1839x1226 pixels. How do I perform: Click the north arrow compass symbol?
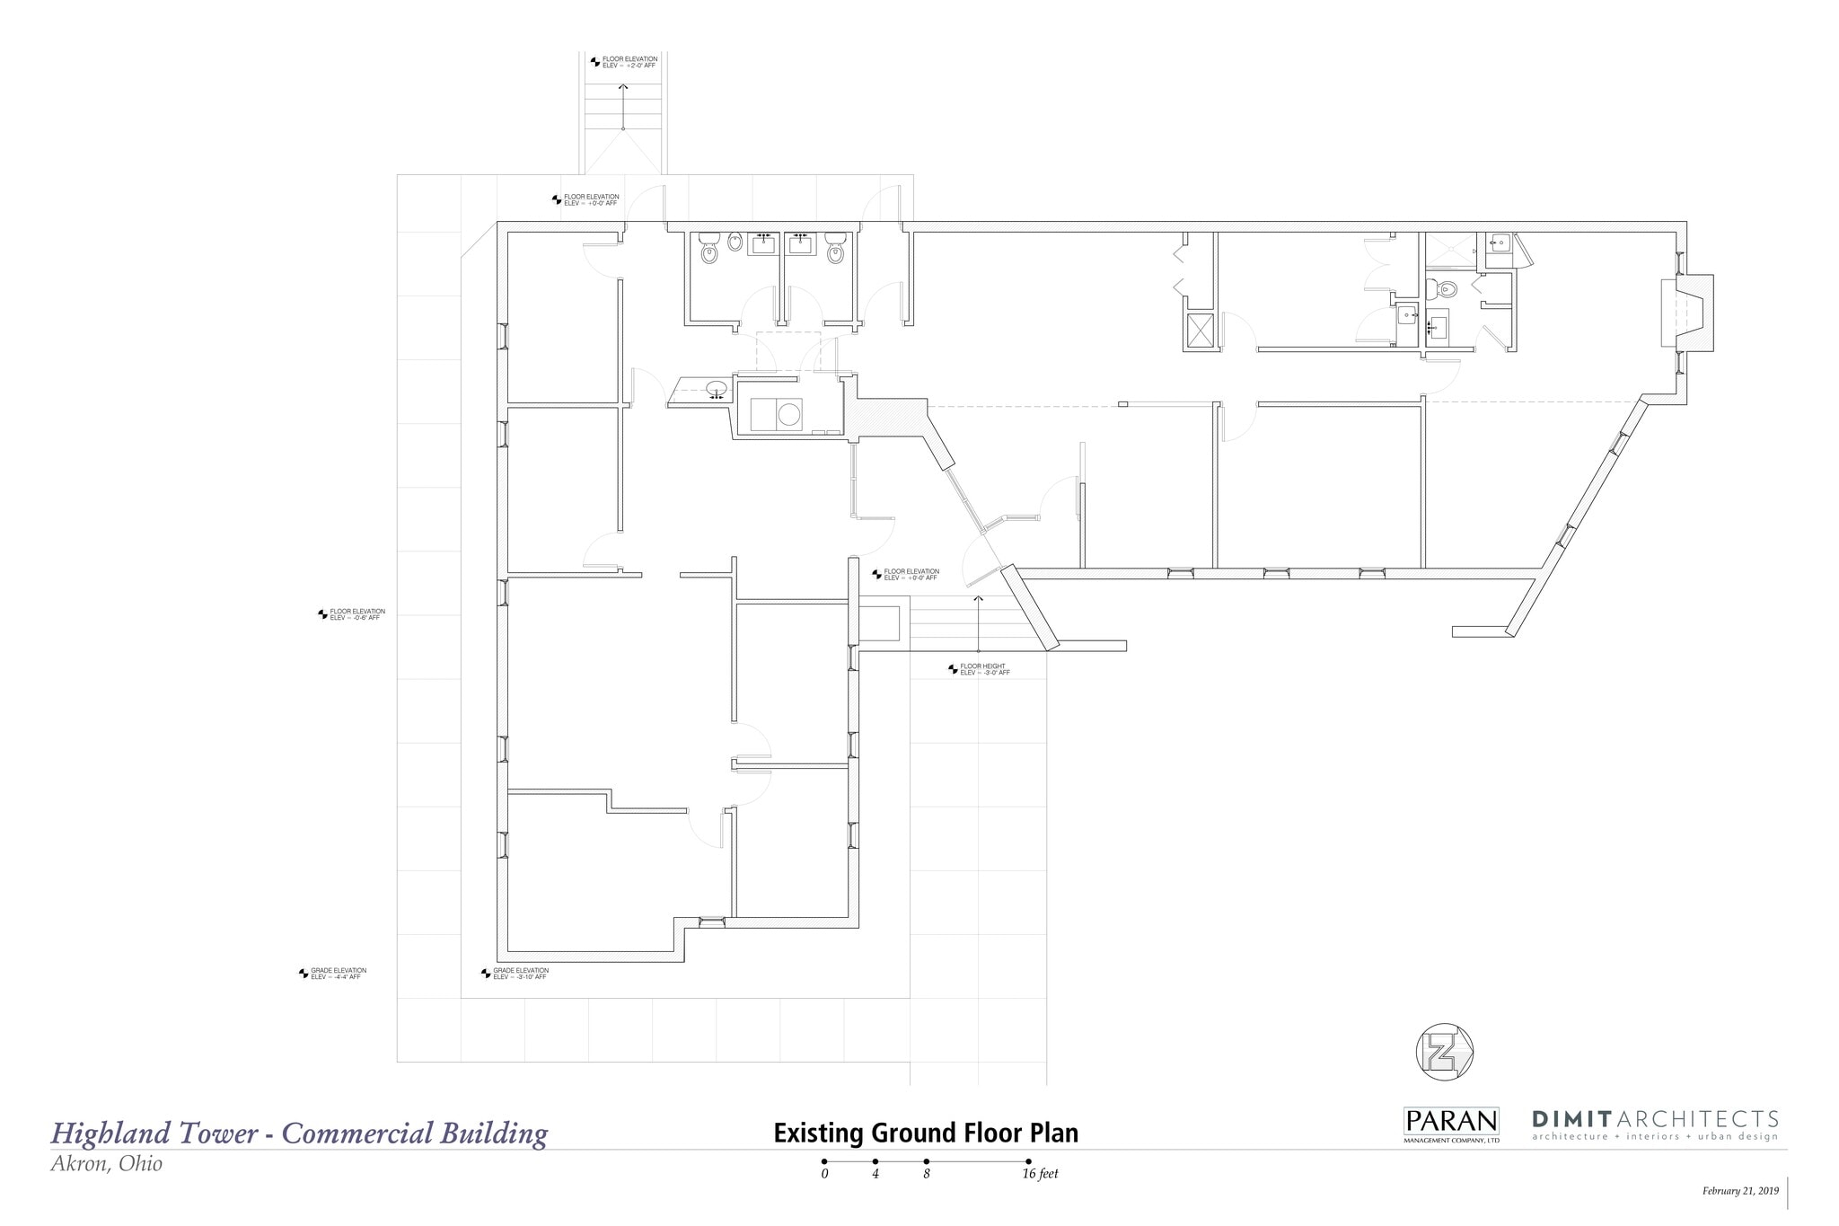tap(1444, 1052)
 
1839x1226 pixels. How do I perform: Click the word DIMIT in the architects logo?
tap(1571, 1119)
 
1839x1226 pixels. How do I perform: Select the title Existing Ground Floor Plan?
tap(926, 1133)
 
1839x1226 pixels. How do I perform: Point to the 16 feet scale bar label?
tap(1040, 1174)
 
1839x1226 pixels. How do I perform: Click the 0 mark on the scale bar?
tap(824, 1173)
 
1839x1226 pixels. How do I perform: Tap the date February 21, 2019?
tap(1739, 1191)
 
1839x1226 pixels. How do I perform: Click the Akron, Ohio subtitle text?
tap(107, 1164)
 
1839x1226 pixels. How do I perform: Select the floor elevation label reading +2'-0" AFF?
tap(629, 62)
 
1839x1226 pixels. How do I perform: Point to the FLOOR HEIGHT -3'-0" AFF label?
tap(984, 669)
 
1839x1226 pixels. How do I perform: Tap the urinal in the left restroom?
tap(735, 241)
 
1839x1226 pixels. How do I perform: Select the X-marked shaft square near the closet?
tap(1201, 331)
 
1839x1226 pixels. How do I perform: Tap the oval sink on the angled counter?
tap(716, 389)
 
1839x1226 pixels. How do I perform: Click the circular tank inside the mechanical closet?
tap(788, 414)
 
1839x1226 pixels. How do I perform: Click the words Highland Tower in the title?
tap(154, 1133)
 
